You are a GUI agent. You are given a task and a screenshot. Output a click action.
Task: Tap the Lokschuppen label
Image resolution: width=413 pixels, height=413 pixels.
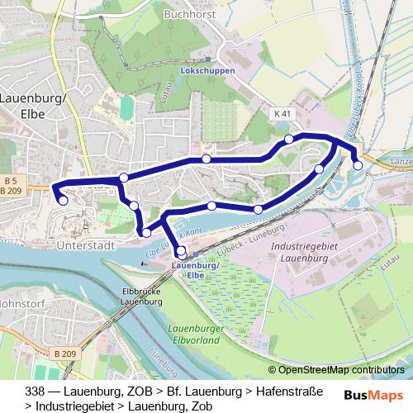coord(207,71)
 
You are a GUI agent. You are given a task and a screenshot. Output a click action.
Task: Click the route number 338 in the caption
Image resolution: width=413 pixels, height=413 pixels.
coord(36,390)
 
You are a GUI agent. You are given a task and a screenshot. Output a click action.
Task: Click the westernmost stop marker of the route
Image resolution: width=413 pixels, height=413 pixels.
coord(63,200)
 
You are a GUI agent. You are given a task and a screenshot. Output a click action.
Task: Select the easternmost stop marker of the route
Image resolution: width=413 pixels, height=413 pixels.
coord(358,165)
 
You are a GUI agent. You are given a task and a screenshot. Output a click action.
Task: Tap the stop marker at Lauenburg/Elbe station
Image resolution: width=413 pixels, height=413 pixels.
coord(182,254)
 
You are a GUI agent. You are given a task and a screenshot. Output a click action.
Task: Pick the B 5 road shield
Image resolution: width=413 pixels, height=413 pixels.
coord(10,180)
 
